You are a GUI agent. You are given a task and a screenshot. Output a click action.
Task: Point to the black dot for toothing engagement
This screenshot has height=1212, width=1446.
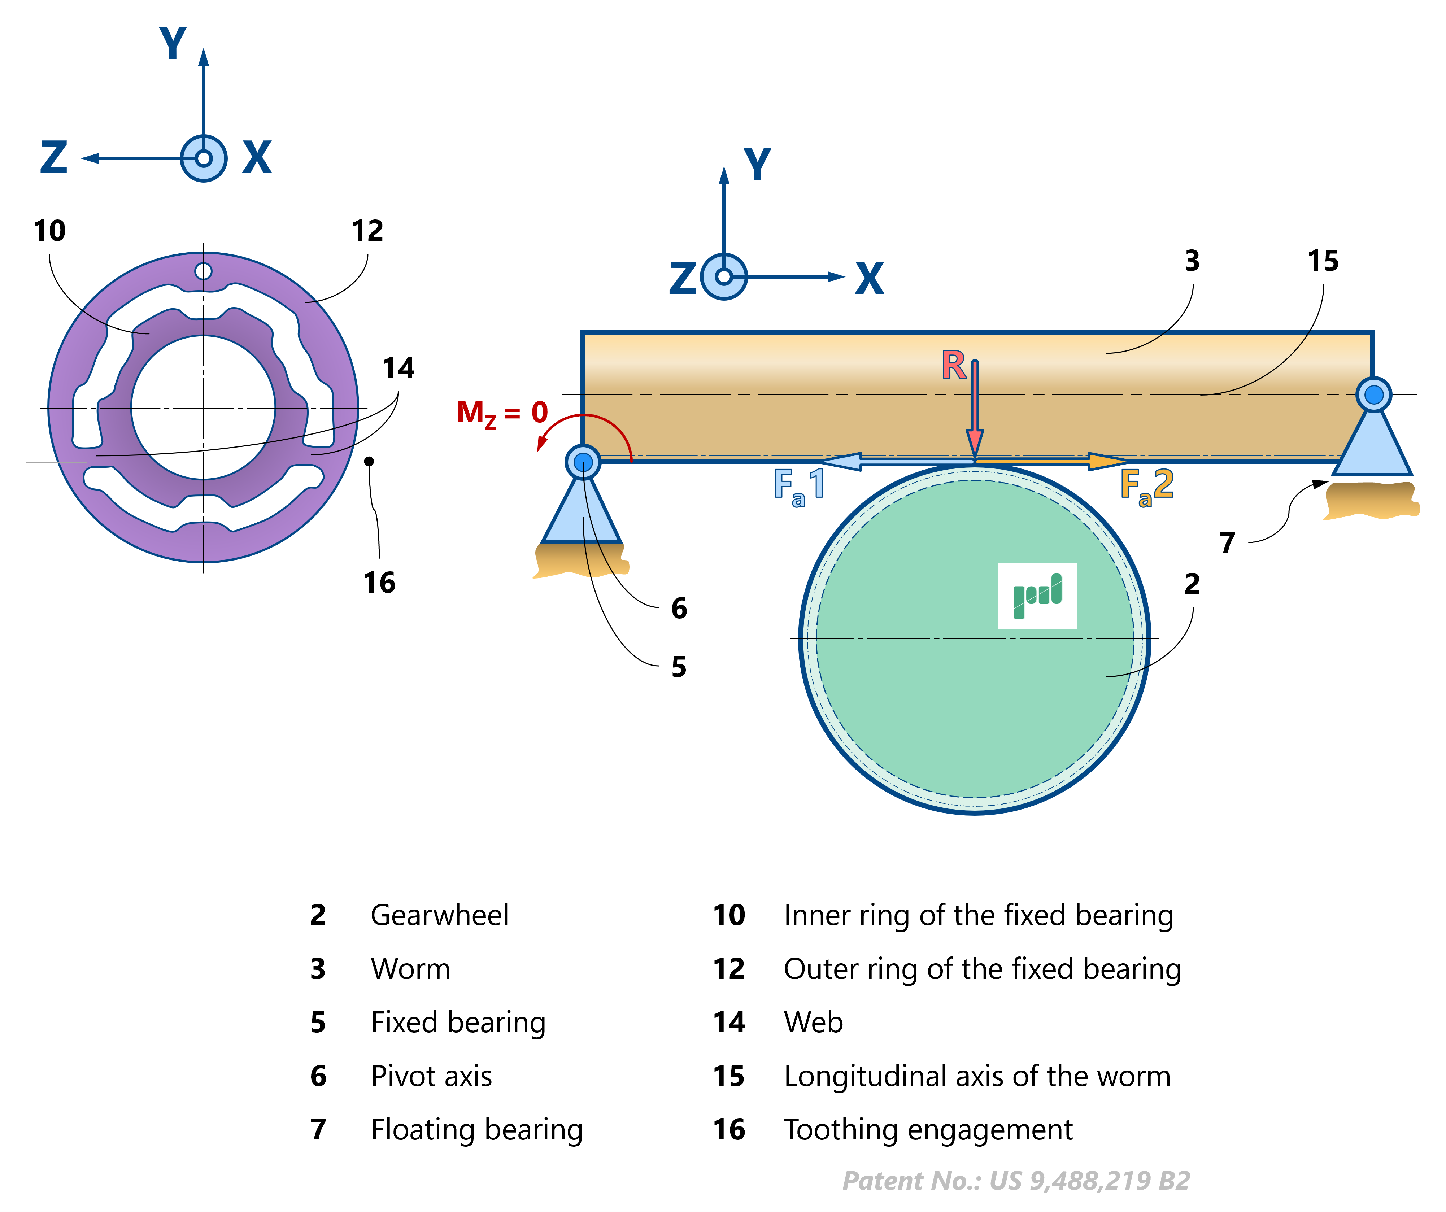(x=369, y=461)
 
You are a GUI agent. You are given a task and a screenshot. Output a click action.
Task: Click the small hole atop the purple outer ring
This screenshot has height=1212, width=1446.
(x=203, y=271)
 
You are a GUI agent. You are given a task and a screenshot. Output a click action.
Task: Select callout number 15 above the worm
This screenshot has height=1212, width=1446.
(x=1323, y=261)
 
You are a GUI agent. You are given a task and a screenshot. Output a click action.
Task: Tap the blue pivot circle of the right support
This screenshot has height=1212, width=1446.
(x=1374, y=394)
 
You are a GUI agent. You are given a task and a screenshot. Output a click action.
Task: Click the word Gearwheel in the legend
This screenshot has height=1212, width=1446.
(x=439, y=915)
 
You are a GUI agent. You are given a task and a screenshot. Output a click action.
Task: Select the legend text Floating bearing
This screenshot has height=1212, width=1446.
(x=476, y=1130)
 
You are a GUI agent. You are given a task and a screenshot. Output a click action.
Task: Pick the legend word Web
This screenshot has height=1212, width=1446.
(x=813, y=1023)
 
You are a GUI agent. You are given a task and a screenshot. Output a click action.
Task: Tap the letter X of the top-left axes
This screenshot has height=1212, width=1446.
(x=257, y=158)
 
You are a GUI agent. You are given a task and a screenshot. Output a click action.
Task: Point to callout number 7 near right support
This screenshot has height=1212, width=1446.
(x=1227, y=542)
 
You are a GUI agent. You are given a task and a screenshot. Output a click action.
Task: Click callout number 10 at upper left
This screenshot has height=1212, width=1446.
(x=49, y=231)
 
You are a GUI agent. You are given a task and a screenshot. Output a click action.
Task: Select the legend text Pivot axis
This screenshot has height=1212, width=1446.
(x=431, y=1076)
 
